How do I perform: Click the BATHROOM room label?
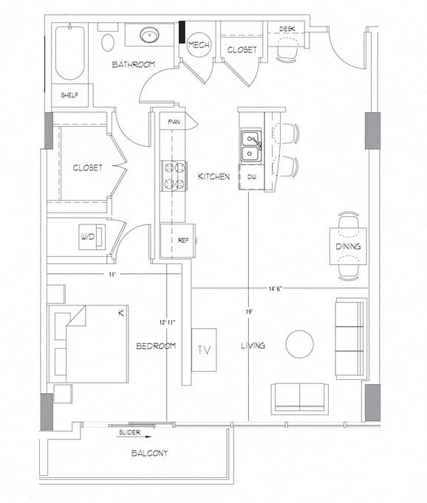point(134,65)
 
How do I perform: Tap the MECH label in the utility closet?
point(199,46)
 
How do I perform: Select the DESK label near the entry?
point(288,29)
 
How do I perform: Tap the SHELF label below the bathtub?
point(70,94)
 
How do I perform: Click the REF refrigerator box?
point(183,240)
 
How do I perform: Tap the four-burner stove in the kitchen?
point(174,176)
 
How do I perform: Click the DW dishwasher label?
point(251,177)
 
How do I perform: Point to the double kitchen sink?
point(251,145)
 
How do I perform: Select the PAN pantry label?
point(174,122)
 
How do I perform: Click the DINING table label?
point(348,246)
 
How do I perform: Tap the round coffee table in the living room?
point(300,344)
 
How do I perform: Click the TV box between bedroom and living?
point(204,350)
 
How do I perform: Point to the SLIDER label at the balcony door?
point(129,433)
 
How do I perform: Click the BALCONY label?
point(150,453)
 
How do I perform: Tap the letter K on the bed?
point(120,313)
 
